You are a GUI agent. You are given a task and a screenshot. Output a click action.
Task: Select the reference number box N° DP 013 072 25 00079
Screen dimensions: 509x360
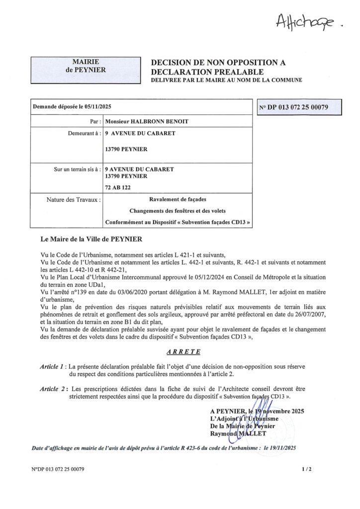[300, 107]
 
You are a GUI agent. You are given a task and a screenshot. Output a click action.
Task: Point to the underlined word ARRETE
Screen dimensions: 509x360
[183, 352]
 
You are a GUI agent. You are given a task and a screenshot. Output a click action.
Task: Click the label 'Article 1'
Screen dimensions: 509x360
[53, 366]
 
